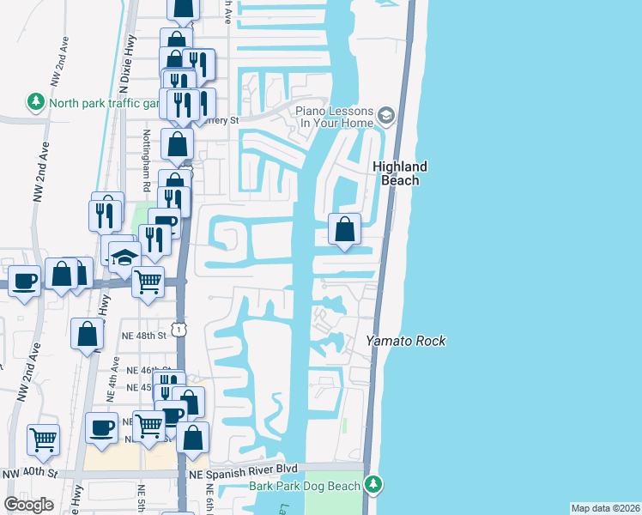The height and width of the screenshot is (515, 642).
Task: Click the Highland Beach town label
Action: pos(399,173)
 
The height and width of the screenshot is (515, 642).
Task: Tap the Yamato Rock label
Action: pos(406,341)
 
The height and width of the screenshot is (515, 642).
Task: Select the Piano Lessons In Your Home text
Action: pos(335,118)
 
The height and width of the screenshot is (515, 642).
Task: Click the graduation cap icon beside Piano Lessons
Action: pos(386,114)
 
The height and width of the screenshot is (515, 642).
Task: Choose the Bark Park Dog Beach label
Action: pos(305,485)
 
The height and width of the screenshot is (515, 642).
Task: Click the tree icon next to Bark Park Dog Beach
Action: pos(372,485)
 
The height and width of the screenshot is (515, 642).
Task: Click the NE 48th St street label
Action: pos(143,336)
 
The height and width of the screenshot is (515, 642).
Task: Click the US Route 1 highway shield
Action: pos(178,329)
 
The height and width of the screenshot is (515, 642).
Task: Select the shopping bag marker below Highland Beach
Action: pos(344,229)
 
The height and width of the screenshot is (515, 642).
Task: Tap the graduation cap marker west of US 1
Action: pos(124,257)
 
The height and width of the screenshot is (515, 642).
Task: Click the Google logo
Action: pos(28,505)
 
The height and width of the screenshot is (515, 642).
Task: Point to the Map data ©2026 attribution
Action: pos(604,508)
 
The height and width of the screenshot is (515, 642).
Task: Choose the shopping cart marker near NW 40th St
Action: pos(43,439)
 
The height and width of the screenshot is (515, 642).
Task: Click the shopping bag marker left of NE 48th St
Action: pos(88,334)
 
